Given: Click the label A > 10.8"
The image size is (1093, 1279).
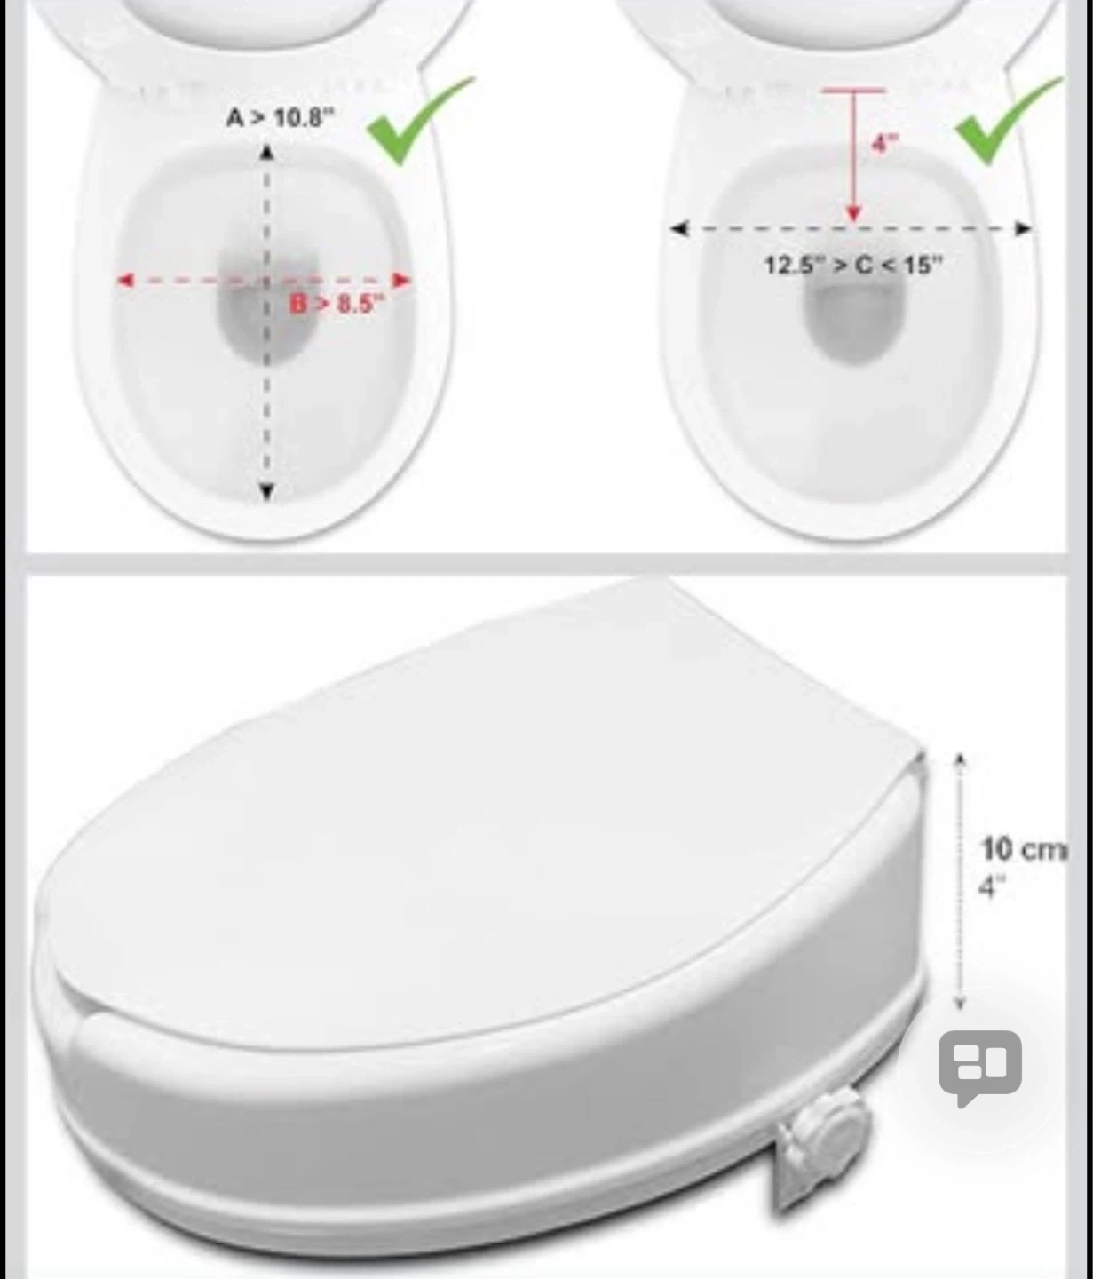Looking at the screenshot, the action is click(x=281, y=117).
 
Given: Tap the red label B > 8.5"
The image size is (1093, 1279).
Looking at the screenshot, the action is click(x=337, y=303).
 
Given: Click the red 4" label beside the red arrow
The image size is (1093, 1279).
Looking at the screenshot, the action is click(x=885, y=143).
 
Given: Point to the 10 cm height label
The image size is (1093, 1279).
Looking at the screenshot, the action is click(x=1025, y=850).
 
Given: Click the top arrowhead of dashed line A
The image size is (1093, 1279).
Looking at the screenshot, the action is click(x=266, y=152).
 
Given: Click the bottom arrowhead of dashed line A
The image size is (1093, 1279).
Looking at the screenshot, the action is click(x=266, y=492).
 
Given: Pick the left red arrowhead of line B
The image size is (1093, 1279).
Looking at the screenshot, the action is click(x=125, y=281).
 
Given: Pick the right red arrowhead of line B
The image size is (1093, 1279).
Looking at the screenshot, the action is click(x=403, y=281).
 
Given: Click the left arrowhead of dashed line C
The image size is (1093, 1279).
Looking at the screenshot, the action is click(x=680, y=229).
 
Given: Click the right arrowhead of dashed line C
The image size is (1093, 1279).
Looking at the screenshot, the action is click(x=1024, y=229).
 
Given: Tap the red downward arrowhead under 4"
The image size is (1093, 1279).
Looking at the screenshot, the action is click(x=853, y=213).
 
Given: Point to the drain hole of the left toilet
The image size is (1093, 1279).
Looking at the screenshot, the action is click(x=267, y=305).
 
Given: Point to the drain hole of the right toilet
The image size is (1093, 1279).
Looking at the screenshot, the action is click(x=853, y=322).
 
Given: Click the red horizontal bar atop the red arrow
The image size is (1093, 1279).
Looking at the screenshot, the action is click(x=853, y=91).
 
